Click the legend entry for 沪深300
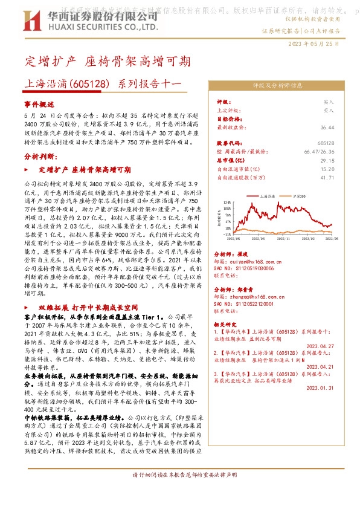point(299,196)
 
